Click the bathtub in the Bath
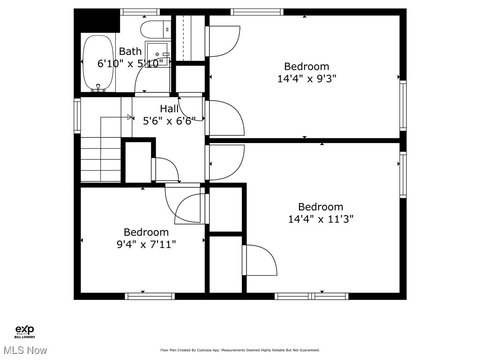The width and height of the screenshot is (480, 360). coord(98,63)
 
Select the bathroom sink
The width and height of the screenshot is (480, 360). coord(158,53)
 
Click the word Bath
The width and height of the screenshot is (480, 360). coord(130,52)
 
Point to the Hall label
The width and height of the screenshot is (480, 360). coord(169,109)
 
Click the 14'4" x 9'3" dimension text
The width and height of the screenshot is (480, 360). coord(307,79)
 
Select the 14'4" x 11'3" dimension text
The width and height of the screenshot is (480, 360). coord(321,219)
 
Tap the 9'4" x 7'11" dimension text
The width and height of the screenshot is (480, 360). coord(146,244)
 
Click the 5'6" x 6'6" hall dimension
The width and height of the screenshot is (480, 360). coord(169,120)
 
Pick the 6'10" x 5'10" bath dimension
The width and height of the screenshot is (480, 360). coord(130,63)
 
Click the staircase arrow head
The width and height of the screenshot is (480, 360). coord(129,117)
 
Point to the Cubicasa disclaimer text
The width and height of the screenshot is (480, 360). coord(240,350)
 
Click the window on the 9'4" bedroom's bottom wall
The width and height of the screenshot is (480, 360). coord(150,296)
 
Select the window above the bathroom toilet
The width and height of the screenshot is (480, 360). coord(140,12)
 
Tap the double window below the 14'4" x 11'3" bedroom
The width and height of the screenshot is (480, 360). coord(311,296)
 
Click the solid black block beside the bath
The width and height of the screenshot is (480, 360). coord(97,21)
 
